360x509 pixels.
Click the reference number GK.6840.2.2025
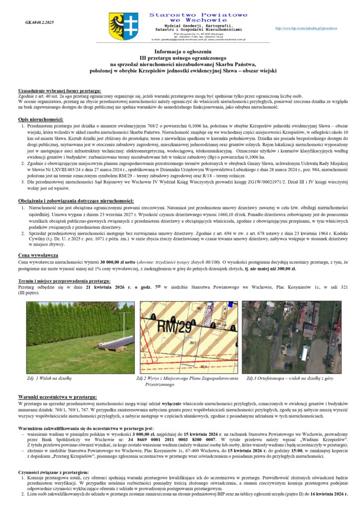(x=39, y=23)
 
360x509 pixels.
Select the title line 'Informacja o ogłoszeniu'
(x=180, y=52)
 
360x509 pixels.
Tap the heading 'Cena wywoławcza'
(x=36, y=255)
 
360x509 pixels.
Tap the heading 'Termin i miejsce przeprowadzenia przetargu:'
(x=65, y=281)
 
